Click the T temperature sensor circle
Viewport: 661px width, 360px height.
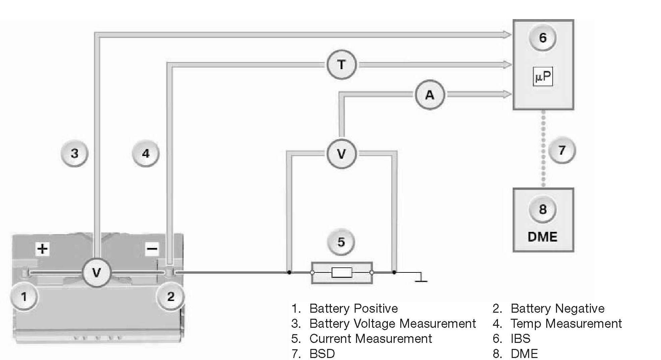click(x=341, y=64)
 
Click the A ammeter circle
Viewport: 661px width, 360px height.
click(x=429, y=95)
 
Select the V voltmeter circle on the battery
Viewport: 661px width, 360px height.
click(x=96, y=272)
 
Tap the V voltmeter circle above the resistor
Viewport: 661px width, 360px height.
click(x=341, y=154)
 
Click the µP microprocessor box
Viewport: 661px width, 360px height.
click(x=543, y=77)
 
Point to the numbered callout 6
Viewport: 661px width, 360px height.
click(x=543, y=38)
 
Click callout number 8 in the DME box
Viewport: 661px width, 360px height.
click(x=543, y=209)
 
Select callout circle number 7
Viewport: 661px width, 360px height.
click(x=562, y=150)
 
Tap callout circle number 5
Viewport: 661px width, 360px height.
click(x=341, y=242)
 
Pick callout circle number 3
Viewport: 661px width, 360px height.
click(x=74, y=154)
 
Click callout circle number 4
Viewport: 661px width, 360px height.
click(x=146, y=154)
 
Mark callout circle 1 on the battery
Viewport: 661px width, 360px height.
click(x=24, y=297)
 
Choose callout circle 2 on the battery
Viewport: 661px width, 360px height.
click(x=171, y=297)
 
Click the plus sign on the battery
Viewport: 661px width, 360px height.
click(x=43, y=249)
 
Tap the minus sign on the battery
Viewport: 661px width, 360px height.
click(x=152, y=249)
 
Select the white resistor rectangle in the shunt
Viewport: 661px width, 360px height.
click(x=342, y=272)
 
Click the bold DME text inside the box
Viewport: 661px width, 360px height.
click(x=542, y=237)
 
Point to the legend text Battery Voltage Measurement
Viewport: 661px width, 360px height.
click(x=392, y=323)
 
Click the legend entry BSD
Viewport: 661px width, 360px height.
click(x=322, y=354)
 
